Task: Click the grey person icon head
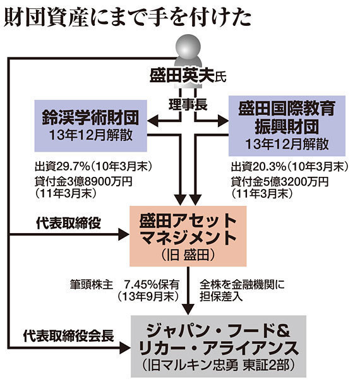click(188, 47)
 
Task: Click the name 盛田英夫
click(182, 75)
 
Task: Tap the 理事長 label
click(188, 105)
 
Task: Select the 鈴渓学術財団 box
click(90, 126)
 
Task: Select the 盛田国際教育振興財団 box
click(287, 126)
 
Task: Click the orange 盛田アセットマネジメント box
click(188, 236)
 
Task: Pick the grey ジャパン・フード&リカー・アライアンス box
click(219, 346)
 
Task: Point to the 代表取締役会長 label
click(68, 335)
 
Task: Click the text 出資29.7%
click(62, 167)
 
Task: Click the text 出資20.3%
click(258, 167)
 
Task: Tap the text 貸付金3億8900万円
click(83, 182)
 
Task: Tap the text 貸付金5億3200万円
click(280, 182)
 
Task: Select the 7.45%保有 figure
click(152, 285)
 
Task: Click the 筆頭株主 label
click(92, 285)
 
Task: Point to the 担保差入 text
click(221, 296)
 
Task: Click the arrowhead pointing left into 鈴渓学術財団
click(153, 121)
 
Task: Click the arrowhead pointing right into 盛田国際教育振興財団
click(223, 121)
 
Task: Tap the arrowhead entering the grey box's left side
click(125, 347)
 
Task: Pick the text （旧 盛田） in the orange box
click(188, 255)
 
